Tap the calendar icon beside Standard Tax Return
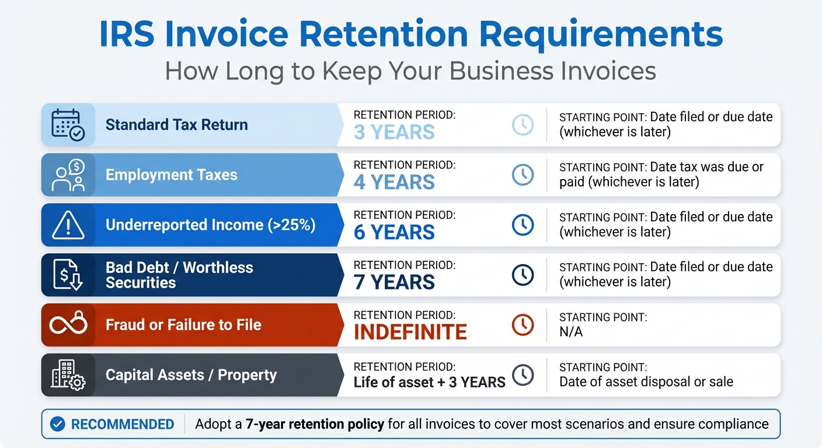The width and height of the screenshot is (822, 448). click(x=68, y=124)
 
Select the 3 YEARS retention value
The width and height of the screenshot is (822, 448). click(x=394, y=132)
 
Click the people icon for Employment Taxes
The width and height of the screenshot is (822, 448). click(x=68, y=175)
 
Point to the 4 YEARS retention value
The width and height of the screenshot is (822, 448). click(x=394, y=182)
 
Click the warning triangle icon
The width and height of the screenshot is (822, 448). click(x=68, y=225)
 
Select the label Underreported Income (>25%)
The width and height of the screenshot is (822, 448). click(x=210, y=225)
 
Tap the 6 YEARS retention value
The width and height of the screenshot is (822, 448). click(x=394, y=232)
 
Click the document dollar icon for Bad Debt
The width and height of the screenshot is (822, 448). click(x=68, y=275)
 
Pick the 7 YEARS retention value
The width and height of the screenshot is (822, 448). click(x=394, y=282)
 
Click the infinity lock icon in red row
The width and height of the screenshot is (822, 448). click(x=68, y=325)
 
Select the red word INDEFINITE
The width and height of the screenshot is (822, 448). click(x=410, y=332)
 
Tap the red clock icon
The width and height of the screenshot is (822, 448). click(x=523, y=325)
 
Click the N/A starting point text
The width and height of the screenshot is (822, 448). click(x=570, y=332)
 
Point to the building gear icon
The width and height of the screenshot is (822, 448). click(x=68, y=375)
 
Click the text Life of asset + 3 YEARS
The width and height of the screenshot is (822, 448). click(x=429, y=383)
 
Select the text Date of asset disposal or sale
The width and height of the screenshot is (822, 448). click(x=646, y=382)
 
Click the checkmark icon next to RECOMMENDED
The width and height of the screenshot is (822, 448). click(x=57, y=424)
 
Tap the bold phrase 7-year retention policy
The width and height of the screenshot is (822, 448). click(x=314, y=424)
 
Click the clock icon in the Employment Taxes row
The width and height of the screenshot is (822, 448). click(x=523, y=175)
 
